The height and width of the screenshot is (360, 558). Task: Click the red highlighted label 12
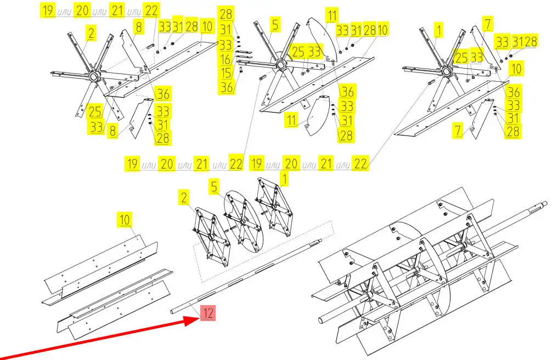[208, 313]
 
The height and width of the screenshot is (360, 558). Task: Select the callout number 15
[227, 73]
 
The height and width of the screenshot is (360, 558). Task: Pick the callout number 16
[226, 59]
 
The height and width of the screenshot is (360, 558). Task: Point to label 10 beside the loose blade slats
[125, 220]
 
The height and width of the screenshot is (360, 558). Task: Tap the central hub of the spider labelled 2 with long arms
[94, 76]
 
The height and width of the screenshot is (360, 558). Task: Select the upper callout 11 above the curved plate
[332, 16]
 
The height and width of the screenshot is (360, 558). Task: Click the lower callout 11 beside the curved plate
[292, 120]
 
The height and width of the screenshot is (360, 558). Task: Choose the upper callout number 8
[138, 27]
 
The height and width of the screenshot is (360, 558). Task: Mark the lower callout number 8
[112, 131]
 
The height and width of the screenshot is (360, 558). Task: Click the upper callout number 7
[488, 24]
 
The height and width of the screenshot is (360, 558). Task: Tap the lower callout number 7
[458, 131]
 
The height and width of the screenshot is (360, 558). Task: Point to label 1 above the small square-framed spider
[284, 179]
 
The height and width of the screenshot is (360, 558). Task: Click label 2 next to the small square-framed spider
[184, 198]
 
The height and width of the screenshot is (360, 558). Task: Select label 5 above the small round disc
[214, 187]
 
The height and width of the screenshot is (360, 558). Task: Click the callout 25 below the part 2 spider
[95, 112]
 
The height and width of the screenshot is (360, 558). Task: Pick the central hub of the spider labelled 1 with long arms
[445, 70]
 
